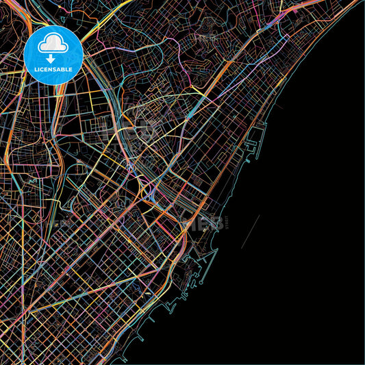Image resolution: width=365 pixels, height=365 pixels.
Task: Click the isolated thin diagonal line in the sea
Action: coord(251,231)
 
